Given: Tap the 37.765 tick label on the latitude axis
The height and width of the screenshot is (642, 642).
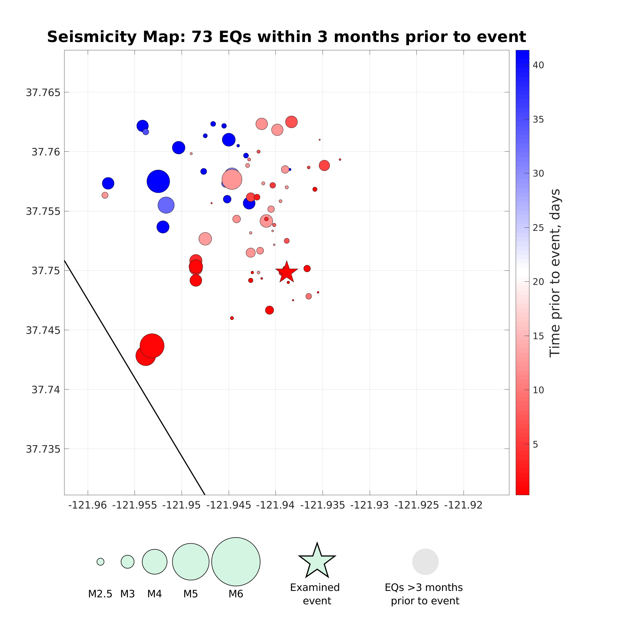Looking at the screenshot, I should (x=43, y=92).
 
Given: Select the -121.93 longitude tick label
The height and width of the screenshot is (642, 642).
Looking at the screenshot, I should (x=369, y=505).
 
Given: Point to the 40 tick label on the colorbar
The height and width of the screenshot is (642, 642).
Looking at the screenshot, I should (x=538, y=65).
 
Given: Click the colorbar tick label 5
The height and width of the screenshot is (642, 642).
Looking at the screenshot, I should (x=535, y=444).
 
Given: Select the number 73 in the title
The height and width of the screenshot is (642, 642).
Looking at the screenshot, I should (x=202, y=37).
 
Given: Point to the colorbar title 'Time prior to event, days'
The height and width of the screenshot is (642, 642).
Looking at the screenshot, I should (x=555, y=273).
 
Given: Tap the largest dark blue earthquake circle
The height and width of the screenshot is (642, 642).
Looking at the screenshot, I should (x=158, y=181).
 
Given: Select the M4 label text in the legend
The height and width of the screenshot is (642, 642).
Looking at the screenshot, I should (x=155, y=594).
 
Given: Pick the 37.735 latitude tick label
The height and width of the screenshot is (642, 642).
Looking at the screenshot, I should (x=43, y=449).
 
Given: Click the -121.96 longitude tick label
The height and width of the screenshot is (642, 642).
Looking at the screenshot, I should (x=87, y=505).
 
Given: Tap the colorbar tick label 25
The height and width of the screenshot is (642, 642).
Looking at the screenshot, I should (x=538, y=228).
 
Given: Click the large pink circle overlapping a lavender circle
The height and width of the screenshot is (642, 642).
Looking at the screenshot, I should (x=232, y=179).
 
